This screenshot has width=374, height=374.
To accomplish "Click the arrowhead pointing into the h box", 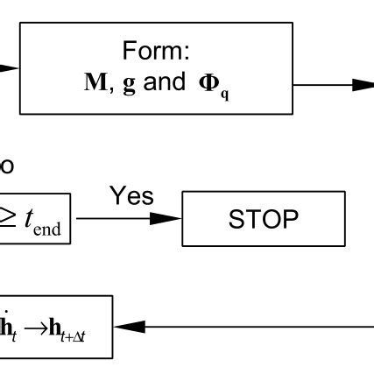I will (x=126, y=327).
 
